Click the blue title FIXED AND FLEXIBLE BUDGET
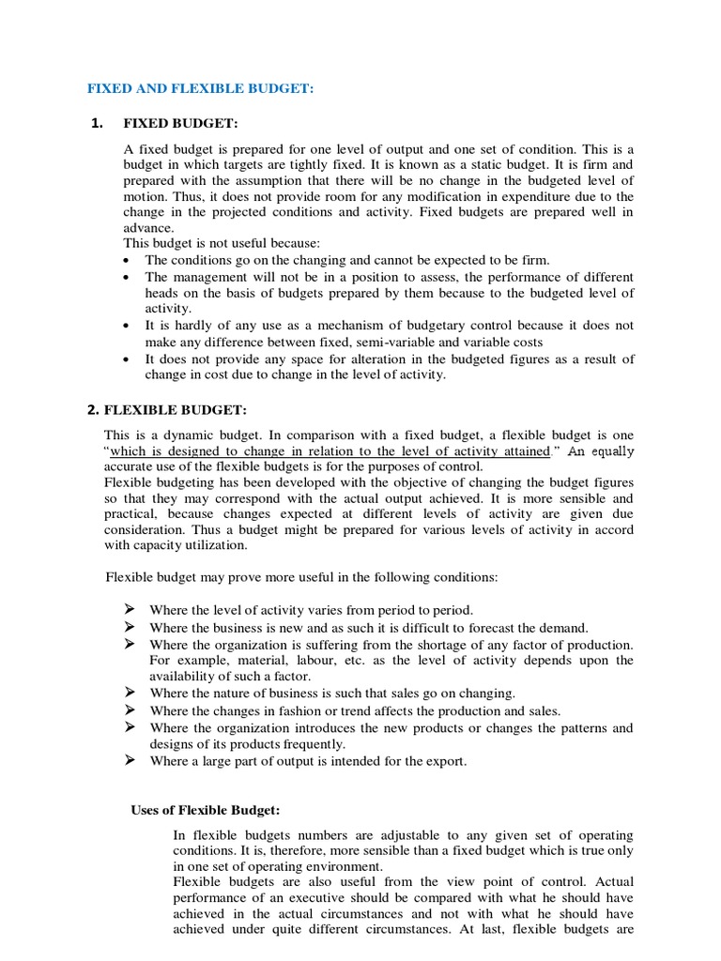200,87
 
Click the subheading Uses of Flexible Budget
206,809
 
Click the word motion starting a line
145,197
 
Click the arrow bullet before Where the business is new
130,627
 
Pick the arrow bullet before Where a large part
130,760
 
